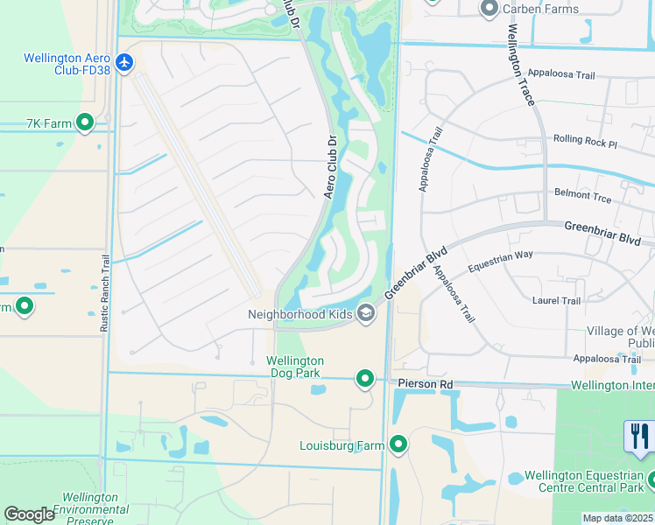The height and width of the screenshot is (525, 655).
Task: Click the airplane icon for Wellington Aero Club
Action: (124, 63)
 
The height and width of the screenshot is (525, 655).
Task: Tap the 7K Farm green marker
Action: (85, 123)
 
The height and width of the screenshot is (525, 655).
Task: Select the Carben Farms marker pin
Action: (489, 9)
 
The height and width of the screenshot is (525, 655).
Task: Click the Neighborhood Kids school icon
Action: (366, 314)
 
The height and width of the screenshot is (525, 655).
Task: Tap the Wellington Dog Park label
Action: (295, 367)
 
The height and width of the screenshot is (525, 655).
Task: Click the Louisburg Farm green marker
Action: (398, 445)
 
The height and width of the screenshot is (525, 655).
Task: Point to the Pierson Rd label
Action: (425, 383)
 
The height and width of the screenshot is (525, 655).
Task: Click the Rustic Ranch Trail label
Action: (106, 291)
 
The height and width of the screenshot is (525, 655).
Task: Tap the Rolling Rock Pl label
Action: (586, 141)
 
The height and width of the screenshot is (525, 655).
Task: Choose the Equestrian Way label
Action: (500, 255)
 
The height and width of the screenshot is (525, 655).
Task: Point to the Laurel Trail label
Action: (556, 300)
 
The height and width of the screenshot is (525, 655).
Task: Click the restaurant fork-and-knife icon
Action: (640, 436)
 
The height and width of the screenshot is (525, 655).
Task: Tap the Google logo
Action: (29, 514)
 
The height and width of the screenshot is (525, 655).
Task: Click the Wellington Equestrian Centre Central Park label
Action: (582, 482)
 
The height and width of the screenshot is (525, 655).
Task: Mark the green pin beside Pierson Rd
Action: (365, 379)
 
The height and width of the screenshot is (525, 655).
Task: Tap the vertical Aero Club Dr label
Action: (331, 166)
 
